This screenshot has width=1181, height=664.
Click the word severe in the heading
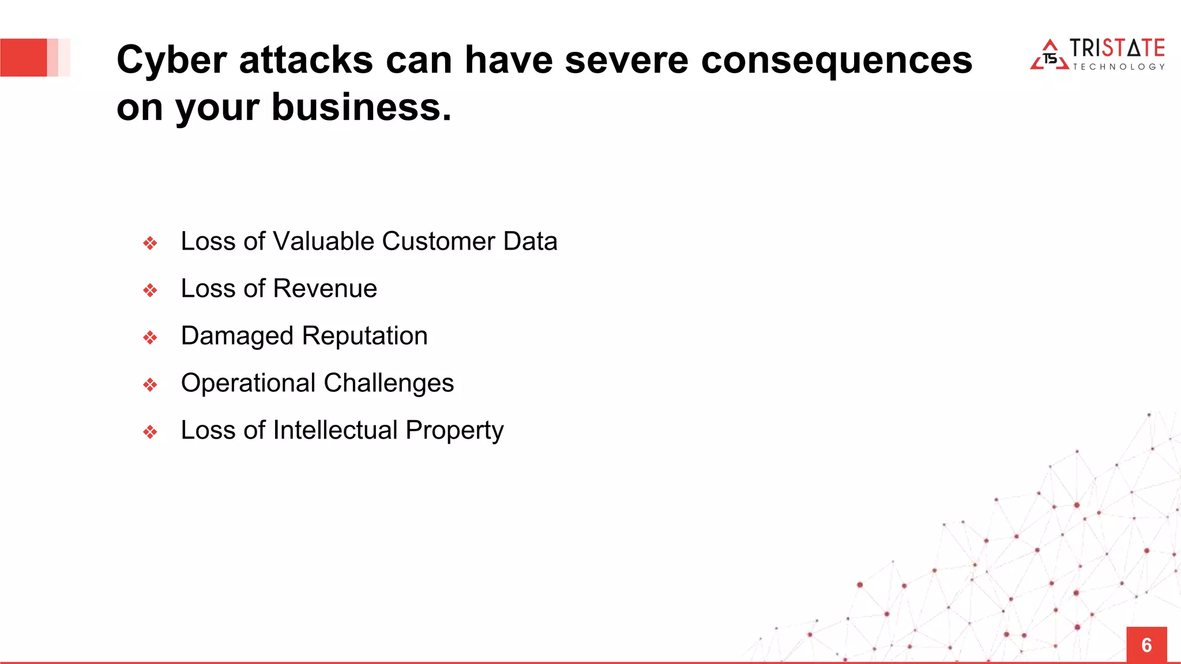tap(626, 60)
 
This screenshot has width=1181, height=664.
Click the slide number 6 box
tap(1146, 644)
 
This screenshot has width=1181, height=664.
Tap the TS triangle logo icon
tap(1050, 56)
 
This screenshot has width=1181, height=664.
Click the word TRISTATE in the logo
tap(1117, 48)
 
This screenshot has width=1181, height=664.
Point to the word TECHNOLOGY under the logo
tap(1118, 67)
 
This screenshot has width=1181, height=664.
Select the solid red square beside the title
tap(23, 58)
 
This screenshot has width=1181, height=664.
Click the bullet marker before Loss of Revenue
tap(150, 290)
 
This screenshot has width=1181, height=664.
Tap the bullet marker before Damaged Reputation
tap(150, 337)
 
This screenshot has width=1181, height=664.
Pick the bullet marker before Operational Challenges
tap(150, 384)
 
